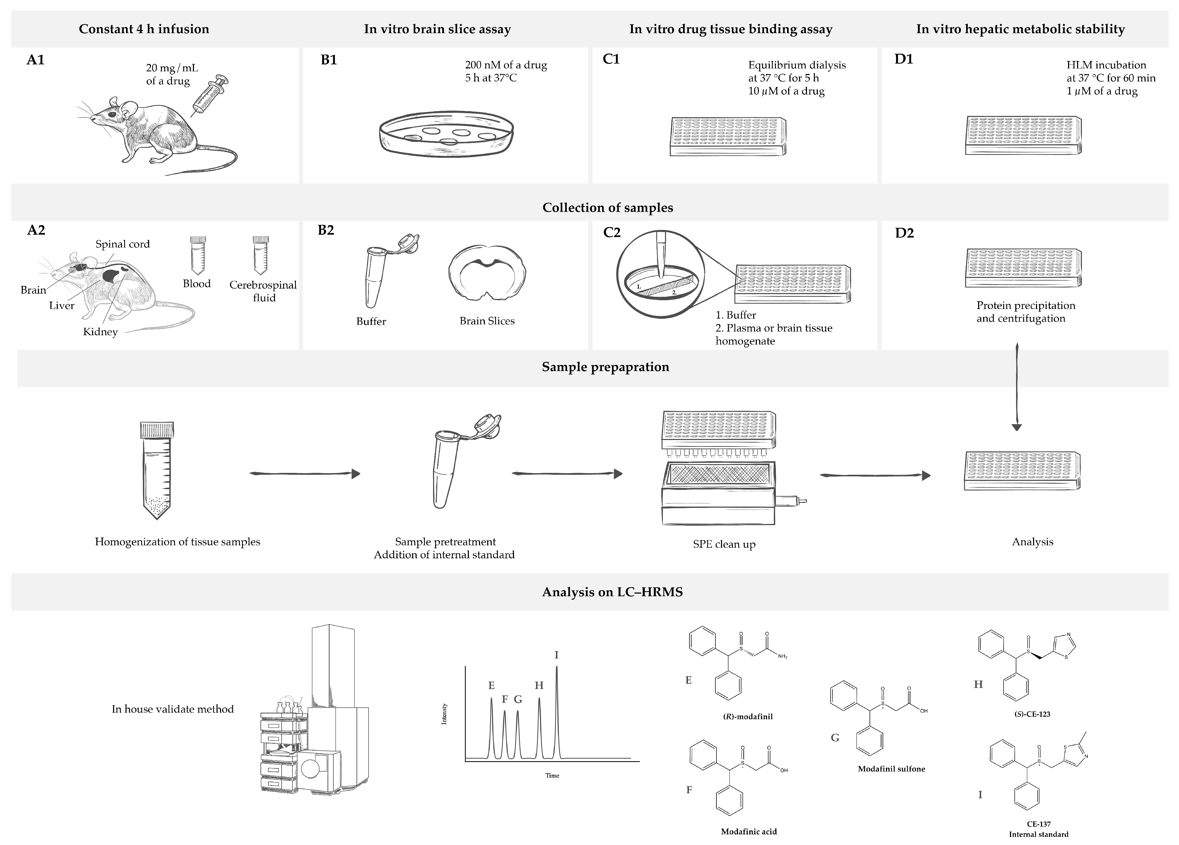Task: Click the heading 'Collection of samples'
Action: click(x=607, y=207)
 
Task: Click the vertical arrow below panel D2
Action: click(x=1017, y=387)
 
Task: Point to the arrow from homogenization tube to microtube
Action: click(x=305, y=473)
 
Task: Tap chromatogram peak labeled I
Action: click(x=557, y=712)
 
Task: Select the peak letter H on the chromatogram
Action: click(x=539, y=685)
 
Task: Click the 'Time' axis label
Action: click(x=552, y=775)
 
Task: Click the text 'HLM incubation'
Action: click(x=1106, y=65)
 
